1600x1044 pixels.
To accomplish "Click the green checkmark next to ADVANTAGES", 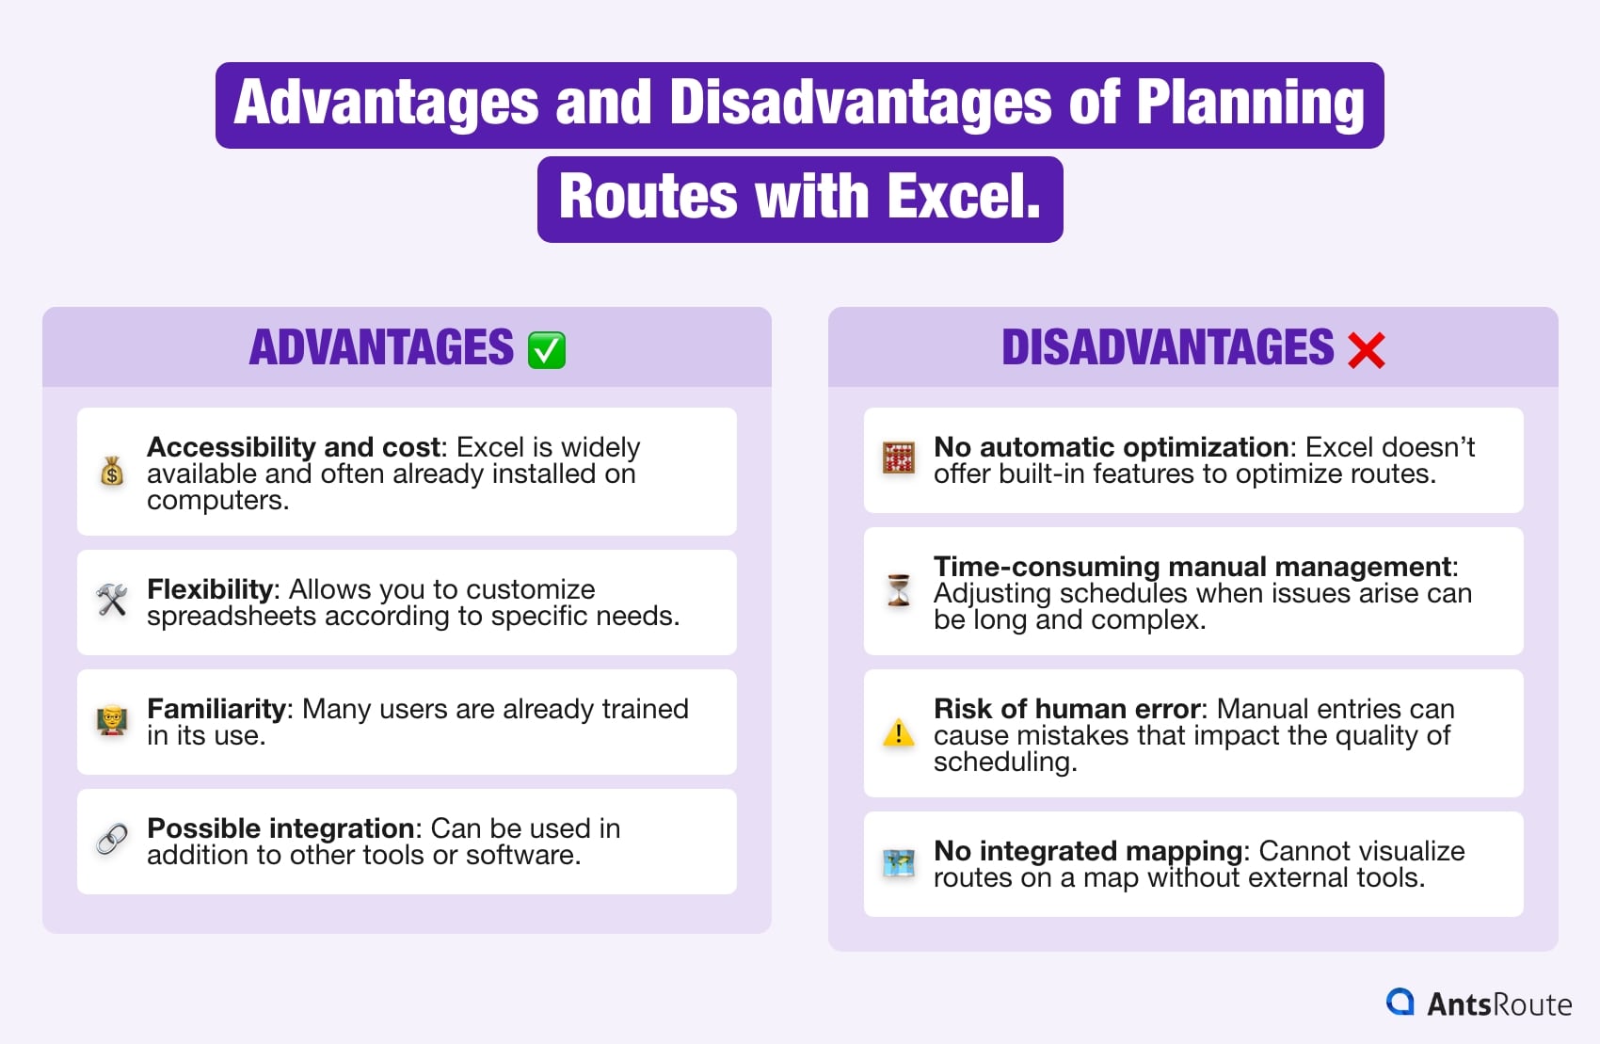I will click(x=546, y=350).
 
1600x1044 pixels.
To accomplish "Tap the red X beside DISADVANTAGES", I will click(x=1366, y=350).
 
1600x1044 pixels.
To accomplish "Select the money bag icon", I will click(x=112, y=471).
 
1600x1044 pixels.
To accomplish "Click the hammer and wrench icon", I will click(x=112, y=600).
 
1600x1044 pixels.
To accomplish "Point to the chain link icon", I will click(x=112, y=839).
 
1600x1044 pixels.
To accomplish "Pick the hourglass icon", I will click(x=899, y=591).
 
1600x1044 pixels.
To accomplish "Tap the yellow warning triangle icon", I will click(x=899, y=732).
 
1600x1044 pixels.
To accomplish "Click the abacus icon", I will click(x=899, y=458).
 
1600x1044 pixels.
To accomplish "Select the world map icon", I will click(x=899, y=862).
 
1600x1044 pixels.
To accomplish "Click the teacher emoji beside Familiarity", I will click(x=112, y=720).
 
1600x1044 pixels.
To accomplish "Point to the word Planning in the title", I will click(x=1250, y=103).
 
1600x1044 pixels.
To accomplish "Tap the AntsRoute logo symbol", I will click(x=1400, y=1003).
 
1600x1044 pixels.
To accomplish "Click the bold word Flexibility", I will click(x=209, y=589).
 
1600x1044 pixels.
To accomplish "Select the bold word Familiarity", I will click(x=216, y=709).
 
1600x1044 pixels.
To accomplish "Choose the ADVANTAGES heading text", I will click(x=381, y=348).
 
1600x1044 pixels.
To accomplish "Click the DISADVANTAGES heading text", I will click(x=1167, y=348).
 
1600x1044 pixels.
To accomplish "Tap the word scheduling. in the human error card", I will click(x=1005, y=762).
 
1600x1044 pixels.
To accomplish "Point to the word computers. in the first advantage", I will click(x=217, y=500).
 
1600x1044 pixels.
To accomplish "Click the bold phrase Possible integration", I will click(x=280, y=828).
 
